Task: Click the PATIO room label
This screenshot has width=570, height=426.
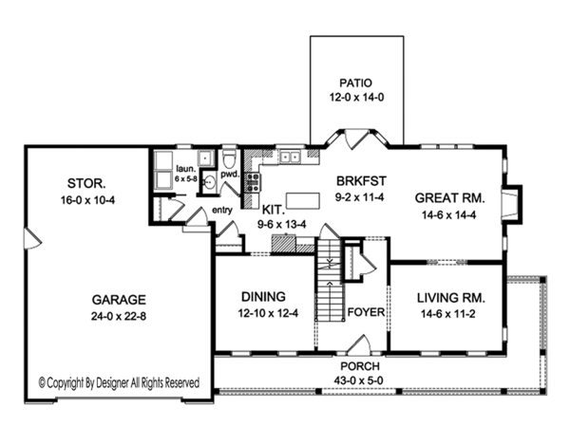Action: [355, 83]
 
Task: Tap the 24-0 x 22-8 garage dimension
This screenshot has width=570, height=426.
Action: [119, 316]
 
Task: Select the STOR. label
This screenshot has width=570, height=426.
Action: [86, 183]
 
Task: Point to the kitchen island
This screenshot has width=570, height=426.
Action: [303, 200]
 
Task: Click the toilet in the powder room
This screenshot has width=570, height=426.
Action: [229, 159]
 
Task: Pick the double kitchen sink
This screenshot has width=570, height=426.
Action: [290, 157]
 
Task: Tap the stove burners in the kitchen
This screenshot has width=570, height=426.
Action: [253, 182]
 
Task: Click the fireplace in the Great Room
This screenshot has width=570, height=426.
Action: [511, 203]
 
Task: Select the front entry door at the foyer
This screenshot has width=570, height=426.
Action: [358, 344]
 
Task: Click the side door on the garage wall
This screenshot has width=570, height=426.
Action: [32, 239]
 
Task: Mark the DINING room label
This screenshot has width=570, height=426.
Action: [263, 297]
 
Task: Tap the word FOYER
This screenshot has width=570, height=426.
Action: [366, 312]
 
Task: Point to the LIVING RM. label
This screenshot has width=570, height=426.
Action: [450, 298]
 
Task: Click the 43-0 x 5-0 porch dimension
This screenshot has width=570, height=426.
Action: [358, 380]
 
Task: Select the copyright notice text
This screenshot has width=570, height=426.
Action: [120, 382]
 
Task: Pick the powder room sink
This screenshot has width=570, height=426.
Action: [209, 181]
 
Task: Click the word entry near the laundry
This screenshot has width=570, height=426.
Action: [222, 211]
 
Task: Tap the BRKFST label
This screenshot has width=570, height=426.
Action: [361, 180]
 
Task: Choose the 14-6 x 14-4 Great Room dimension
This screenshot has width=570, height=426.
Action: [449, 215]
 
